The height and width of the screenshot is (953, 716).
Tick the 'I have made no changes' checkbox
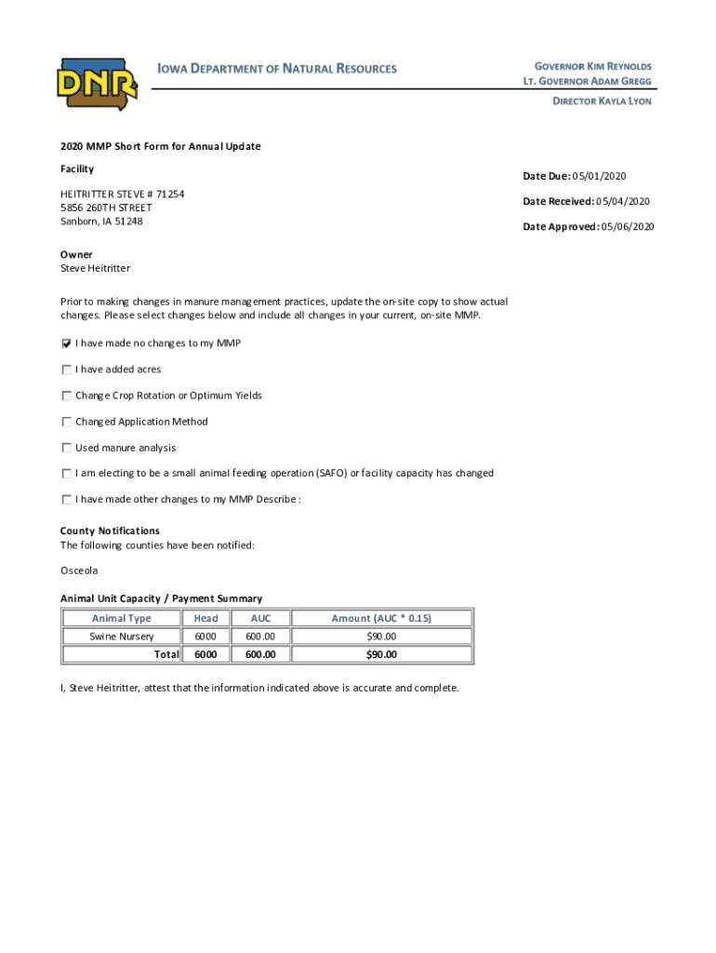click(66, 343)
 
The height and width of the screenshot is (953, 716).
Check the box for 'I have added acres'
click(66, 369)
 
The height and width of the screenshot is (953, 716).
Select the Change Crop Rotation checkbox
click(66, 396)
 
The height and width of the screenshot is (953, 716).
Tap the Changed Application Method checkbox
click(66, 422)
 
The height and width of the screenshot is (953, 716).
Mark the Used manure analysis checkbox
click(66, 448)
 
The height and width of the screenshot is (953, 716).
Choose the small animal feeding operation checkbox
click(66, 473)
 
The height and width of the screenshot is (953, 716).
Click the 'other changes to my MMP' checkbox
click(66, 499)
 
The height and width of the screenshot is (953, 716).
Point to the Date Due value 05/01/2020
click(602, 176)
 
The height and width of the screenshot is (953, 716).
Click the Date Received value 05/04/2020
click(624, 201)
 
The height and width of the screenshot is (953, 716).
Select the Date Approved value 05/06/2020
click(628, 226)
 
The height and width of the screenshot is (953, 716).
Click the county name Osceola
click(79, 570)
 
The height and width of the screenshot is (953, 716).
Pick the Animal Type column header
click(121, 618)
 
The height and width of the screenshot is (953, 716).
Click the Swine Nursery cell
click(121, 637)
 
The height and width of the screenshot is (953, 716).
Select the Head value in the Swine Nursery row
click(206, 637)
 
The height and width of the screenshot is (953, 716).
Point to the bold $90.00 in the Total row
click(381, 654)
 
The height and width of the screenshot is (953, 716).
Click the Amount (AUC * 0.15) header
click(381, 618)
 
